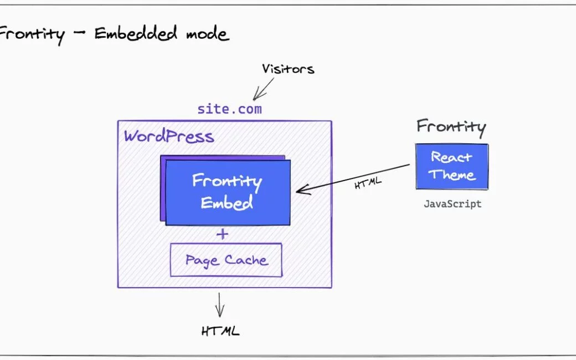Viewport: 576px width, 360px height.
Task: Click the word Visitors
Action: [288, 69]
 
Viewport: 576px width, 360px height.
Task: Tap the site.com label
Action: [229, 109]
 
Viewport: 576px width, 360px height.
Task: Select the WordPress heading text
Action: [169, 136]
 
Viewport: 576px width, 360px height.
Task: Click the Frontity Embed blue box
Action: [228, 192]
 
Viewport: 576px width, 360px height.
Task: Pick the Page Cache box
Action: [226, 260]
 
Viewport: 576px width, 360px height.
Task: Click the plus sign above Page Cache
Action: [222, 234]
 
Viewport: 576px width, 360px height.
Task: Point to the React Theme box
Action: [452, 167]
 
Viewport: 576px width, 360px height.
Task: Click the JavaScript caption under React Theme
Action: [452, 204]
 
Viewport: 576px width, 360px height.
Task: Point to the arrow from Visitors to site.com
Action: [264, 88]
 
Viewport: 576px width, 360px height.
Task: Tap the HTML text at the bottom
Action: [220, 331]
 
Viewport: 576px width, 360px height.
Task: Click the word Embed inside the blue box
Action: [227, 202]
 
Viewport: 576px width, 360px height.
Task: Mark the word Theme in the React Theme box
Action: [452, 175]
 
